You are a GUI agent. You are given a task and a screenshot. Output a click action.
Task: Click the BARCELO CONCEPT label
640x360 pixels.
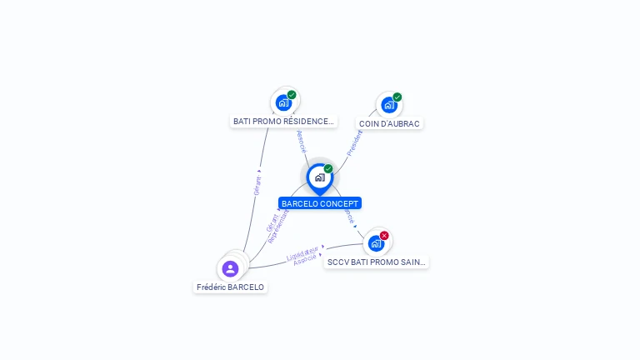pos(320,203)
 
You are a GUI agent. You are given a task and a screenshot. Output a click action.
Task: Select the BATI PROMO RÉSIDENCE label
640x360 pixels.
pos(283,122)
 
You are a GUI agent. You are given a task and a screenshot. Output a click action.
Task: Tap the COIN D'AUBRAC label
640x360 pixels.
pos(389,123)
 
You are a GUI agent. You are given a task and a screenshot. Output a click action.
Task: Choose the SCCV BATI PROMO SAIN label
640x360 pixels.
pos(377,262)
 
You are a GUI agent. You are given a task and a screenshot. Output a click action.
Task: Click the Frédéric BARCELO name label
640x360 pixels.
pos(230,287)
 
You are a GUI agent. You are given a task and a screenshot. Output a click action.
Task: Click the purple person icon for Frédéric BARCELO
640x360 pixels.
pos(230,268)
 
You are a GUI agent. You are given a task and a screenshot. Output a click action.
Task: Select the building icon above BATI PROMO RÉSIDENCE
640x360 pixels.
pos(283,102)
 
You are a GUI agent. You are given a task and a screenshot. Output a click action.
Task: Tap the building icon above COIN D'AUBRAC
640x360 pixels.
pos(388,105)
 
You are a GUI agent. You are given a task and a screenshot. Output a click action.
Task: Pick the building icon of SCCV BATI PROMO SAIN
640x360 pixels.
pos(376,243)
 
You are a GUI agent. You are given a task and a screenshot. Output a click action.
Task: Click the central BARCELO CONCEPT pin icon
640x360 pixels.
pos(319,177)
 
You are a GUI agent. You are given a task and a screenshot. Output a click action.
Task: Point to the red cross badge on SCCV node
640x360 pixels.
pos(384,236)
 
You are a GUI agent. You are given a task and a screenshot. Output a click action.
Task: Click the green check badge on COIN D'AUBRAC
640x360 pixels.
pos(397,97)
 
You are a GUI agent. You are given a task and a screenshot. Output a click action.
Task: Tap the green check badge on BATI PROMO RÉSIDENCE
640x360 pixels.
pos(292,95)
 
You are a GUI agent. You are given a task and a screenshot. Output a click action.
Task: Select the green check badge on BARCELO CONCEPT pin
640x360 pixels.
pos(328,169)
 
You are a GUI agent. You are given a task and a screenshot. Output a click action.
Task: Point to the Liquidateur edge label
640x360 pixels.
pos(302,252)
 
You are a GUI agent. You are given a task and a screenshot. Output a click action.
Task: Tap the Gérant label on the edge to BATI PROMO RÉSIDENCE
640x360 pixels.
pos(257,185)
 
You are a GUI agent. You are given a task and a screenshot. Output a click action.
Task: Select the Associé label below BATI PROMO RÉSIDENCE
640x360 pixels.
pos(301,142)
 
